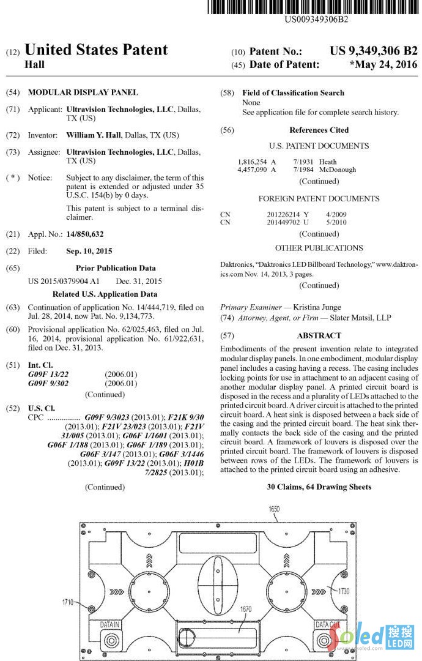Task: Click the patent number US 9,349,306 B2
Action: (373, 51)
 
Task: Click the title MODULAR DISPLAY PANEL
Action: (83, 92)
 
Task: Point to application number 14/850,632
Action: (85, 234)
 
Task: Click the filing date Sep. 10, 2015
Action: (89, 251)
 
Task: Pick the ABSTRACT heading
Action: (319, 335)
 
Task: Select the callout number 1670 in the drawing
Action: (246, 609)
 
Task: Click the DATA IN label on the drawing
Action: (111, 624)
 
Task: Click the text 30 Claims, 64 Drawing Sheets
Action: (319, 487)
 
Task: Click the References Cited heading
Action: (319, 130)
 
